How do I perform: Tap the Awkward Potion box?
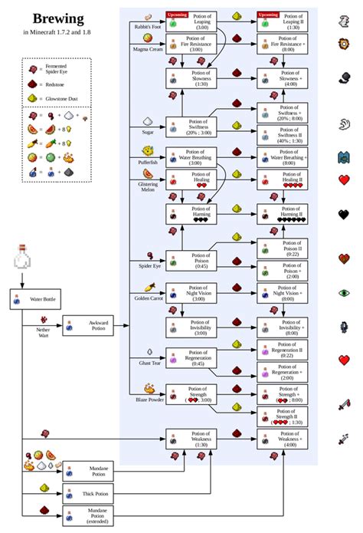pos(87,325)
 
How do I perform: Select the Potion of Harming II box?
pos(283,212)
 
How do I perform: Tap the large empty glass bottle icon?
pos(21,258)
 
